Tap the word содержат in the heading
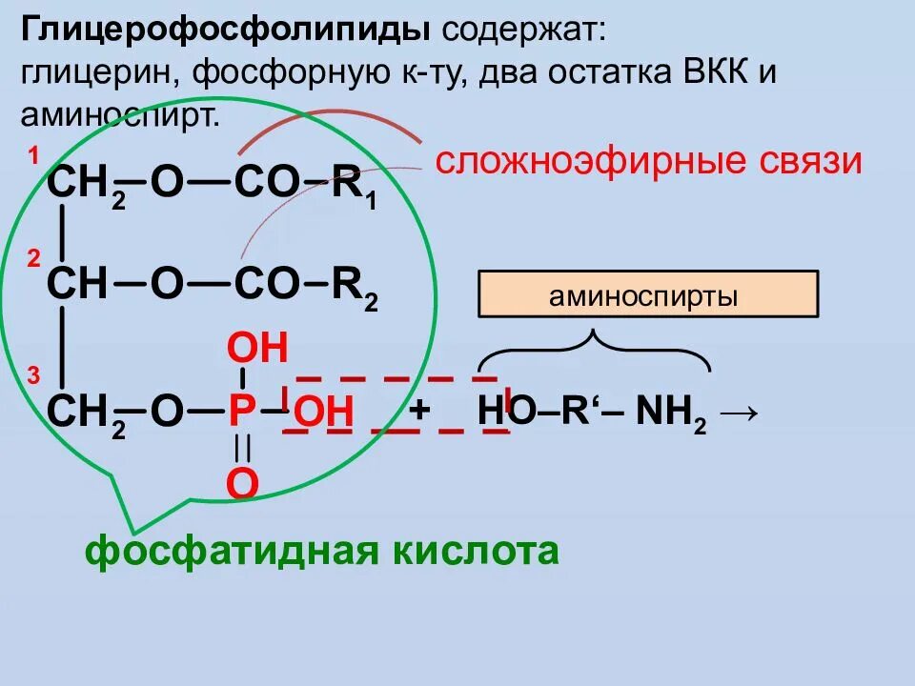tap(520, 30)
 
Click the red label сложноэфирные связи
tap(648, 161)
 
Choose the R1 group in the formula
tap(356, 184)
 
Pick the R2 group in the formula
tap(356, 286)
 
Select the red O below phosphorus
tap(242, 483)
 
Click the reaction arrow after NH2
tap(741, 413)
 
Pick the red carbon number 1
tap(32, 156)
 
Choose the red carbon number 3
tap(32, 377)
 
